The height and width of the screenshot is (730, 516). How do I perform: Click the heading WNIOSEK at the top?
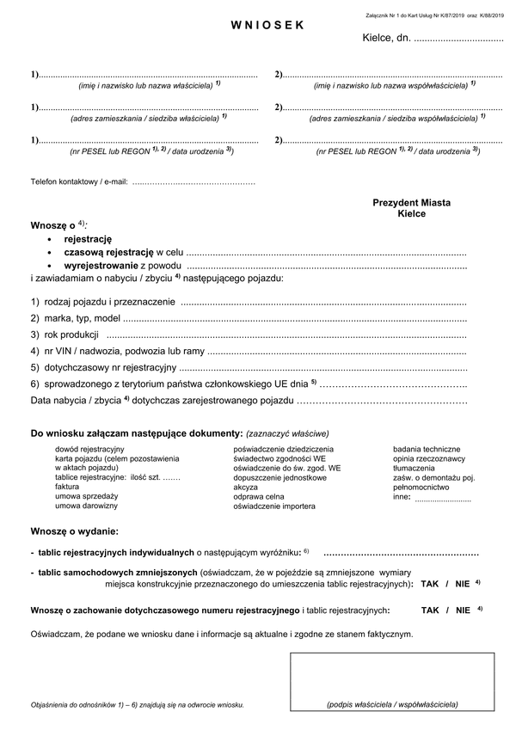tap(267, 26)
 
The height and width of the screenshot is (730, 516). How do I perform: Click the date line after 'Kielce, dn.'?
tap(458, 40)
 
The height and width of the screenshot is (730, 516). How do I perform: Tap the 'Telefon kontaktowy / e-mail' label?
tap(79, 182)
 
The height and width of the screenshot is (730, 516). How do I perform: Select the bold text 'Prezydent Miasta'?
tap(411, 203)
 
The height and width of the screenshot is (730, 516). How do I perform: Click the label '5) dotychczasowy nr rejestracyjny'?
tap(103, 367)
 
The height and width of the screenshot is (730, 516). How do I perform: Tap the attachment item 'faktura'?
tap(67, 487)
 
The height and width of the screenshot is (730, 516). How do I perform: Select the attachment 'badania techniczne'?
tap(427, 449)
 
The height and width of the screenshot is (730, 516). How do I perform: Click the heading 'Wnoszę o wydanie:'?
tap(75, 531)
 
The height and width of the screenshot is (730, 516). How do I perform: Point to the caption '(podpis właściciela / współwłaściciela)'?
tap(392, 704)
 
